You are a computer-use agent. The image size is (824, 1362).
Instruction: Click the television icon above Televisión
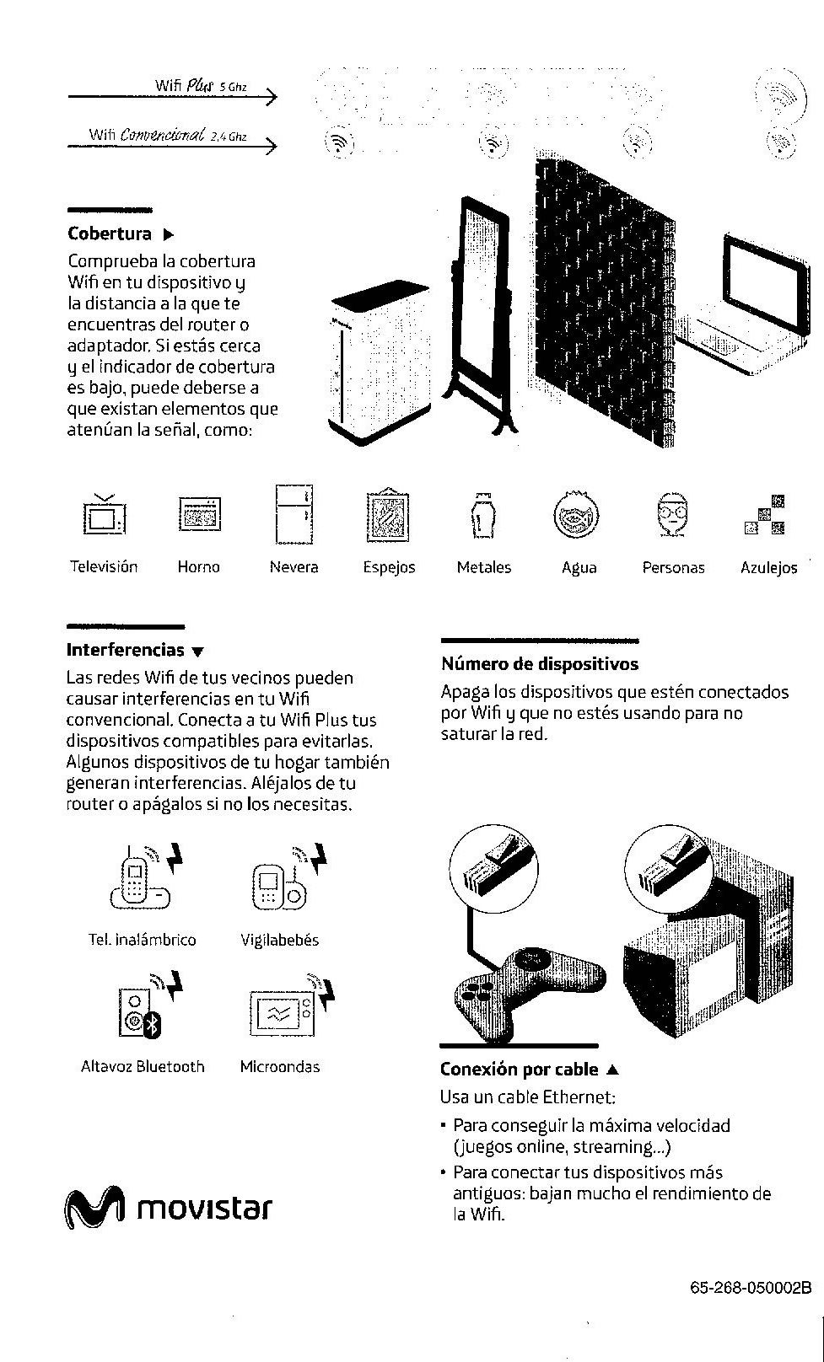tap(104, 515)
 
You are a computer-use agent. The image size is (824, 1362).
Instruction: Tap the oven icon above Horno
tap(200, 514)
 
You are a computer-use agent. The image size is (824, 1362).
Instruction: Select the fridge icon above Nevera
tap(294, 513)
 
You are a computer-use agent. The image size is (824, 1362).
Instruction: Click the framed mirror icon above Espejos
tap(389, 515)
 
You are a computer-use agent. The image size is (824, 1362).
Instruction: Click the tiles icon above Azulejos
tap(765, 516)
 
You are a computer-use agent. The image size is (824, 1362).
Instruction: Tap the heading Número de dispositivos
tap(539, 664)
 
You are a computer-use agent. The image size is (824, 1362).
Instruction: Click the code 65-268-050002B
tap(750, 1288)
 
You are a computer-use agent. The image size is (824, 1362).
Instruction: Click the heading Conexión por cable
tap(519, 1070)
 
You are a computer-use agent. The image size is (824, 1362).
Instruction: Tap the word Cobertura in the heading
tap(110, 233)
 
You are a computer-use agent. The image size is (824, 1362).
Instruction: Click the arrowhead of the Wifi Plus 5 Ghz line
tap(271, 97)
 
